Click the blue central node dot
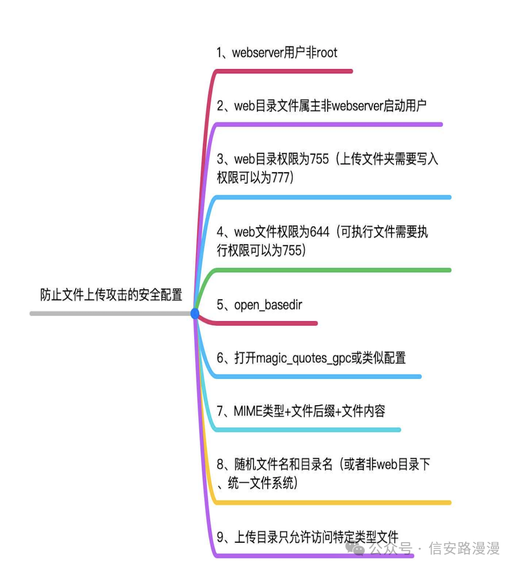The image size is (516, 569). (195, 313)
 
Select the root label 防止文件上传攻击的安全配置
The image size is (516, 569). (111, 295)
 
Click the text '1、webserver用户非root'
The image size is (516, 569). (277, 53)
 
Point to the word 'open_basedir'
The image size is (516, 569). (268, 305)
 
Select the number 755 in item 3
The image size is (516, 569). (319, 159)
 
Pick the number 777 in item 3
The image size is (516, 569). (282, 178)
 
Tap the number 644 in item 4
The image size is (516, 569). (320, 232)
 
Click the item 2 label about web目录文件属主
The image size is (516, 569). (322, 106)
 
